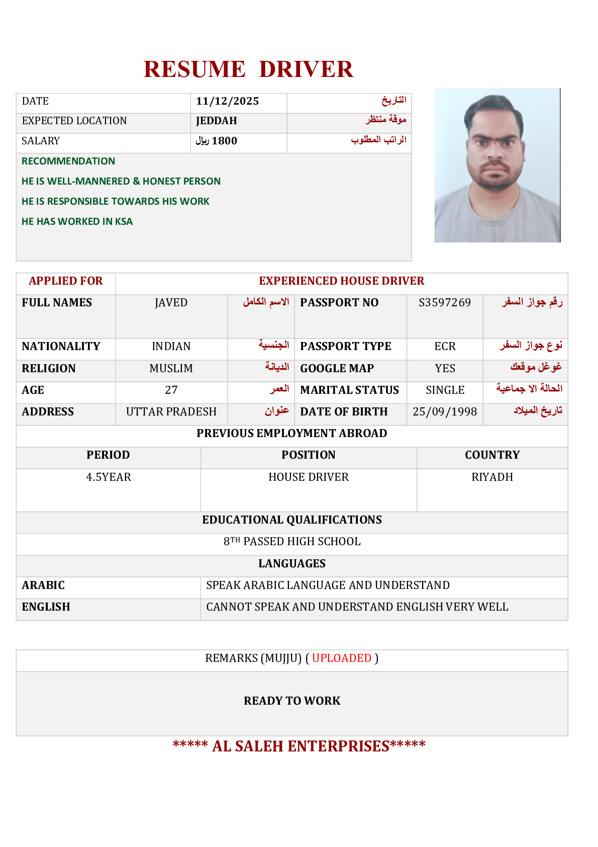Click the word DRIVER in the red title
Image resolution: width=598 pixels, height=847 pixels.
[306, 69]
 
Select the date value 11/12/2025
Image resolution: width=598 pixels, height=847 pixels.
[227, 101]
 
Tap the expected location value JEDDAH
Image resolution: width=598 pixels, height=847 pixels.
[216, 121]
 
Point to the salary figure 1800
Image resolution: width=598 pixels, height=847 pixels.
[224, 141]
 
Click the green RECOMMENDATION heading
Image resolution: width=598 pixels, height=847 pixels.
[68, 161]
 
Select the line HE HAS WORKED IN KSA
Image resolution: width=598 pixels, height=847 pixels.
[77, 221]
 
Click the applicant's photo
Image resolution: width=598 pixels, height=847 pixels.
[497, 165]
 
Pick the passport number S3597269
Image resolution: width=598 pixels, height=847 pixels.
[445, 302]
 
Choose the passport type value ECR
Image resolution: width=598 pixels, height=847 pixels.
[445, 346]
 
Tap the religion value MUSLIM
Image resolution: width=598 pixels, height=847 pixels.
[171, 368]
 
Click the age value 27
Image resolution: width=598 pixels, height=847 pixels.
[171, 390]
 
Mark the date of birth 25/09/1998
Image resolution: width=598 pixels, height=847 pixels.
[445, 411]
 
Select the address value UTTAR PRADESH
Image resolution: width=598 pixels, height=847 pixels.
[171, 411]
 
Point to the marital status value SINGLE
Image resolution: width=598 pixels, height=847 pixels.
[445, 390]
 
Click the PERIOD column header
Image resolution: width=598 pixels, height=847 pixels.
[108, 455]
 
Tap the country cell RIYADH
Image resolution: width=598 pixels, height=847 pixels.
[492, 477]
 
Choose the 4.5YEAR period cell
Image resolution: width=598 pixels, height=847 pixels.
[108, 477]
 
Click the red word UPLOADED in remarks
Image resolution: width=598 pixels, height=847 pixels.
[342, 658]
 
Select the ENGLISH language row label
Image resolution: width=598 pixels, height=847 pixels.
[46, 607]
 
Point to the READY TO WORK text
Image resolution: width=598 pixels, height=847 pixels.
[292, 701]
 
